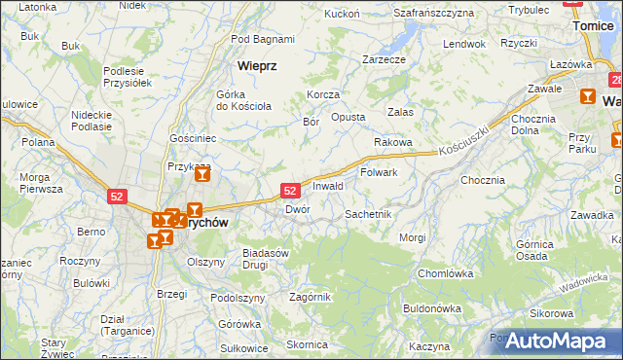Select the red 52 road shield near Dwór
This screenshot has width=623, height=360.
(x=289, y=189)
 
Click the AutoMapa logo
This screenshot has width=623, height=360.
(x=554, y=341)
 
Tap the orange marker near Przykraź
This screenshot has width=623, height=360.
(x=202, y=175)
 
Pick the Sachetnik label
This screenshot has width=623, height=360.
(x=368, y=213)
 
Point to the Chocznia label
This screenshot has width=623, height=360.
(x=483, y=180)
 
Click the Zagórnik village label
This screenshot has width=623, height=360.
(x=311, y=297)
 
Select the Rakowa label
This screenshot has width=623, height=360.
(x=393, y=142)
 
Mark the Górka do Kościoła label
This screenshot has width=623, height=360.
(x=242, y=100)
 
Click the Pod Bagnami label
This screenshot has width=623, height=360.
(x=263, y=39)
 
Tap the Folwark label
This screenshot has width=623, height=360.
(x=379, y=172)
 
